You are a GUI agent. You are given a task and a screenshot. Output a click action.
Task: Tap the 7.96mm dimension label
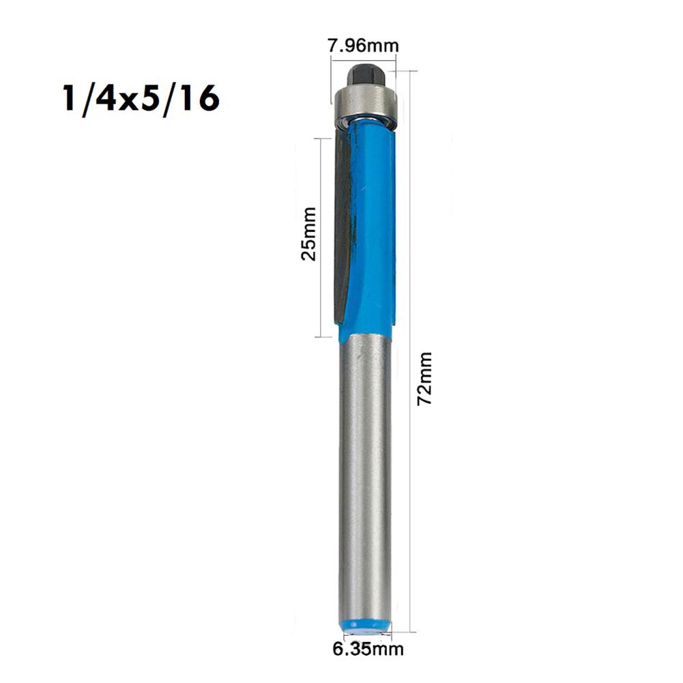coord(363,46)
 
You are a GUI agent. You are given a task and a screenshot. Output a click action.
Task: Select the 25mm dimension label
coord(309,234)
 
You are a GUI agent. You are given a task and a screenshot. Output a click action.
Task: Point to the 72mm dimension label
coord(425,379)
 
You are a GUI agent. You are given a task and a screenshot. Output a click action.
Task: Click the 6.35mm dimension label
coord(368,649)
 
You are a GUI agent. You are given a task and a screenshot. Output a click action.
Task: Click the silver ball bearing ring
coord(365,104)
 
